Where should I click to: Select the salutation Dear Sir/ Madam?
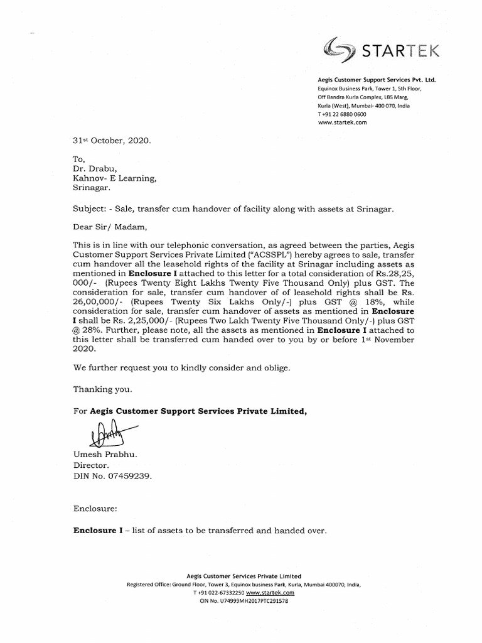pos(110,228)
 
